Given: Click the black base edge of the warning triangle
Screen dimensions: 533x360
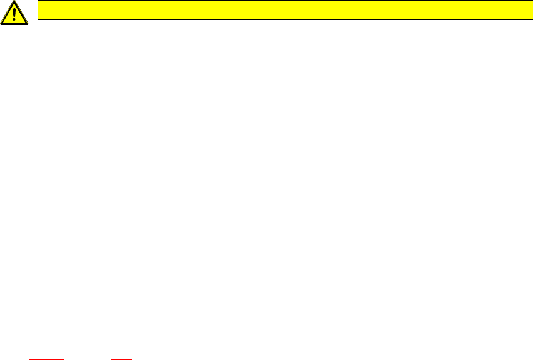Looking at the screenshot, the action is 14,24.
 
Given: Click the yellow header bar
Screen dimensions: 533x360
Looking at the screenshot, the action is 281,9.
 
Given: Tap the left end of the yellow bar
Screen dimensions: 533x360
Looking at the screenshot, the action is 39,9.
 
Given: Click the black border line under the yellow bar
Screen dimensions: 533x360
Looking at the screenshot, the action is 281,19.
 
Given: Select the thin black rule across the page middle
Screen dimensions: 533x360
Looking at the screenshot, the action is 281,123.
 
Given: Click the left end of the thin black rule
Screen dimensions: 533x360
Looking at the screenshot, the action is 39,123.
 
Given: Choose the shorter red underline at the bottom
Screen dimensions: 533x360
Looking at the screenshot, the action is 122,359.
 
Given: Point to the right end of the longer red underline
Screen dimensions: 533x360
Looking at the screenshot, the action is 63,359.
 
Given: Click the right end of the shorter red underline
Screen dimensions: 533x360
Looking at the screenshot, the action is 131,359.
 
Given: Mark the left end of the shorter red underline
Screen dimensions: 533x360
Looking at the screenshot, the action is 112,359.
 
